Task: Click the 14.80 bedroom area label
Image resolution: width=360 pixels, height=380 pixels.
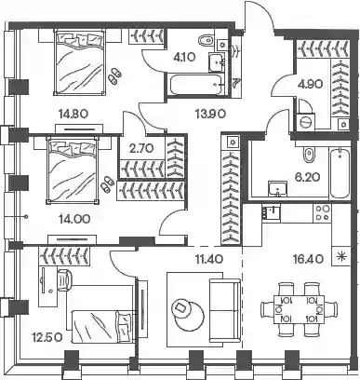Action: pos(73,114)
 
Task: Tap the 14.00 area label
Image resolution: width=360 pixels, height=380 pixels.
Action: pos(74,220)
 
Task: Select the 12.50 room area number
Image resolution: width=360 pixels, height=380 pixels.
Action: pos(47,336)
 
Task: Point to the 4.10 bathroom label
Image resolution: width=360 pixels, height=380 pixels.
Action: pos(184,57)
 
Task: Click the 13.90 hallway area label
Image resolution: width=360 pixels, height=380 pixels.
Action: pos(210,114)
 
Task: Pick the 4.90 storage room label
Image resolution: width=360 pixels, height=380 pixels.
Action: pos(310,84)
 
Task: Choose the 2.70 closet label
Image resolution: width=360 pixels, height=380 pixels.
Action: pos(141,148)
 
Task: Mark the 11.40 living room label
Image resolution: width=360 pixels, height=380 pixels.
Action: pos(208,258)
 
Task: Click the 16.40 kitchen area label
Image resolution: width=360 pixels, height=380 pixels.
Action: pos(309,258)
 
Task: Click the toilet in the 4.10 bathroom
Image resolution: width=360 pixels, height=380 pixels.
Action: pos(206,41)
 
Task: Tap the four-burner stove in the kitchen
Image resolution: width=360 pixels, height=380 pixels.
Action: pos(322,212)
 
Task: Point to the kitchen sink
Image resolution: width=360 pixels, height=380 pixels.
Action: pos(271,212)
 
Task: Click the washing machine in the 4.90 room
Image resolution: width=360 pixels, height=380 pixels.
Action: pos(306,121)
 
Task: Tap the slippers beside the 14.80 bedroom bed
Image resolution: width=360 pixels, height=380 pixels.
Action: pos(114,76)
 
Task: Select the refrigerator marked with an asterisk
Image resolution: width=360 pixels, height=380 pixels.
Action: pos(341,256)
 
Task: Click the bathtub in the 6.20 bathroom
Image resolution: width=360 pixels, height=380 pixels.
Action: pos(340,173)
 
